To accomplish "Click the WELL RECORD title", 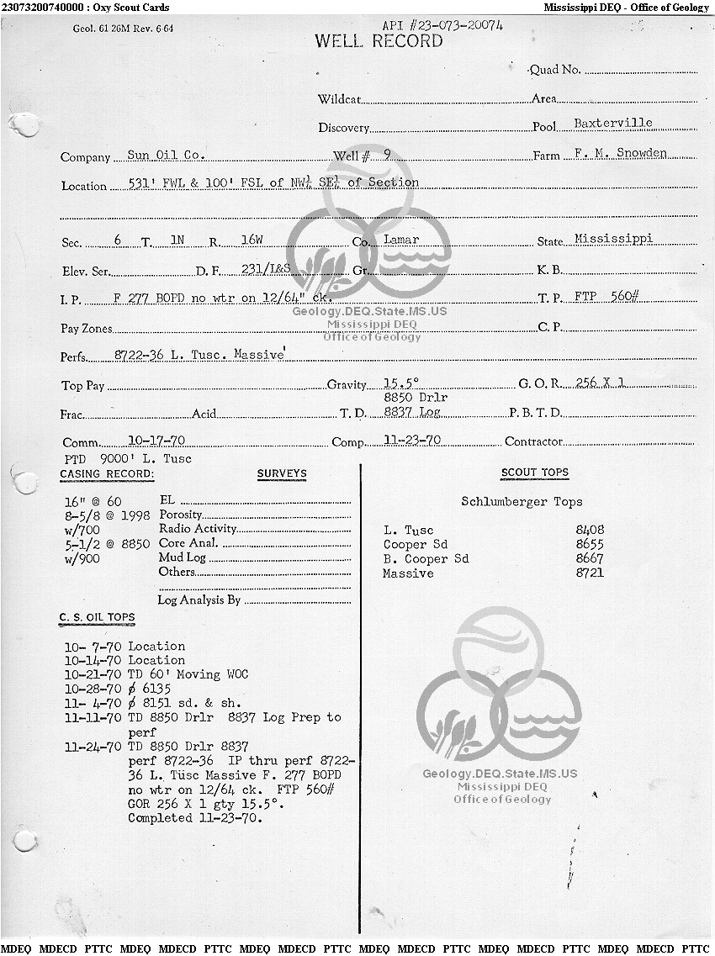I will coord(379,41).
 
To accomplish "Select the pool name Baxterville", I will coord(612,123).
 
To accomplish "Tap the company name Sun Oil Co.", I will coord(166,155).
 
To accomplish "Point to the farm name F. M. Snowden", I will coord(619,153).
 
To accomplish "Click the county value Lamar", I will coord(401,239).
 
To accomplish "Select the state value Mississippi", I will coord(613,238).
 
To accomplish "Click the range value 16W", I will coord(252,240).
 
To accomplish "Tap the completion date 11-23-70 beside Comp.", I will coord(412,439).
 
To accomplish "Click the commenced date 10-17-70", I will coord(156,440).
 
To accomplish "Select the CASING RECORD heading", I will coord(107,474).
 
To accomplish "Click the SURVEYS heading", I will coord(282,474).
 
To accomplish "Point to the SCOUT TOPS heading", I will coord(535,473).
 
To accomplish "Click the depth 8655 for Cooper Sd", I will coord(590,544).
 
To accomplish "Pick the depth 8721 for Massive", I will coord(590,573).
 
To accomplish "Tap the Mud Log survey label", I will coord(183,557).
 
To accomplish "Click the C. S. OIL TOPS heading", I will coord(97,617).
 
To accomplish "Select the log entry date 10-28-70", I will coord(93,689).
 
